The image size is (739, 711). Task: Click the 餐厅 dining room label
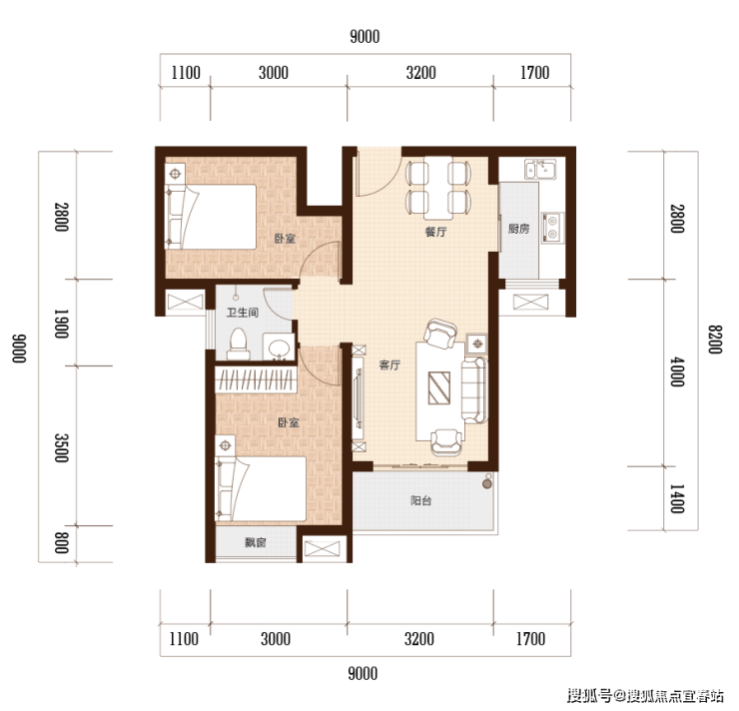point(435,232)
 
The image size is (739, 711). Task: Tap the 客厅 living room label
point(389,365)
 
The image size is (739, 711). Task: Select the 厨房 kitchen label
point(518,229)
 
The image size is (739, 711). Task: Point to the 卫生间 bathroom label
point(243,313)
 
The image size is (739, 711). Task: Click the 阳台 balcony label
point(420,500)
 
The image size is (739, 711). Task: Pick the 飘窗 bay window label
point(256,543)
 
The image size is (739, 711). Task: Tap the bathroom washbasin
point(279,348)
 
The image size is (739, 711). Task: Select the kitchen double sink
point(540,169)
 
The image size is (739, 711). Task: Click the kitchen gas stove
point(552,227)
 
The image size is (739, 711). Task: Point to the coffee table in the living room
point(439,387)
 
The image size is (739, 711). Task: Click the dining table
point(438,188)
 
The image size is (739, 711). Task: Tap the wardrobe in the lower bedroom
point(256,379)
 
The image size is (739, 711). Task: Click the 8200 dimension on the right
point(715,340)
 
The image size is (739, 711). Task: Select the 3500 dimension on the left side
point(62,448)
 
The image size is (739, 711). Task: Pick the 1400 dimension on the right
point(677,498)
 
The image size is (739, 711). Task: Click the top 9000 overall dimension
point(365,37)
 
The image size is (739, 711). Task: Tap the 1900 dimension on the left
point(62,324)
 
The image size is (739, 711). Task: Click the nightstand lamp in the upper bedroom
point(176,174)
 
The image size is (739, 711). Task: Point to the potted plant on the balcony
point(487,482)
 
